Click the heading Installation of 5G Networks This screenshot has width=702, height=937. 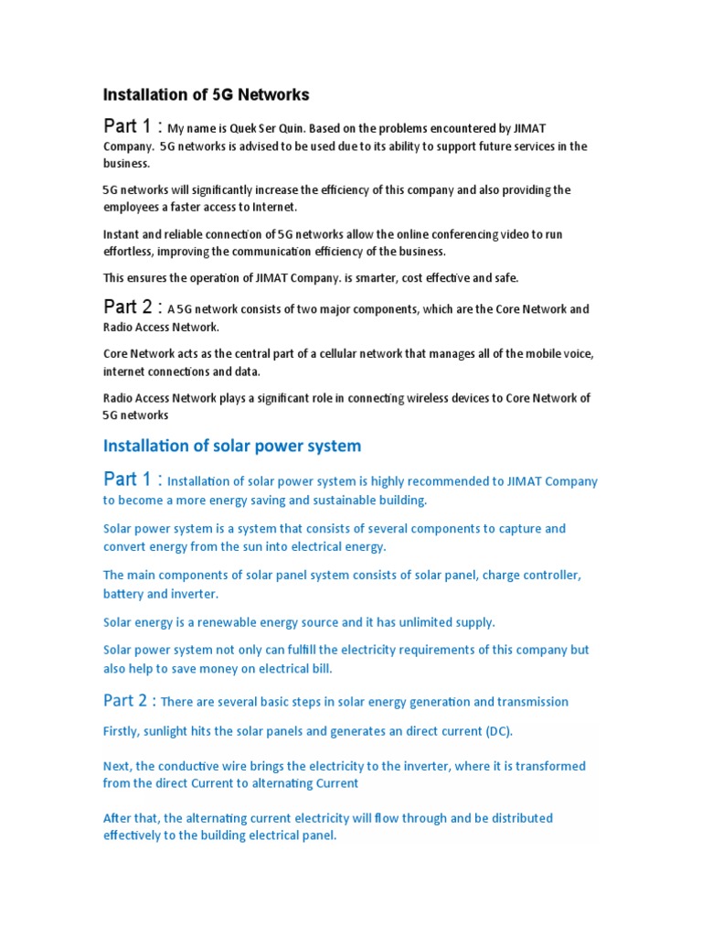click(x=206, y=94)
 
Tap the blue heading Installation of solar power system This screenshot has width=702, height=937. click(x=232, y=446)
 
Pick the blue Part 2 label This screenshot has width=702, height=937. click(x=129, y=701)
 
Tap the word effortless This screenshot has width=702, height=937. click(x=130, y=252)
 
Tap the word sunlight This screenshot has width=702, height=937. click(x=176, y=730)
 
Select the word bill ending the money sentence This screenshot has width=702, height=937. click(x=321, y=669)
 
